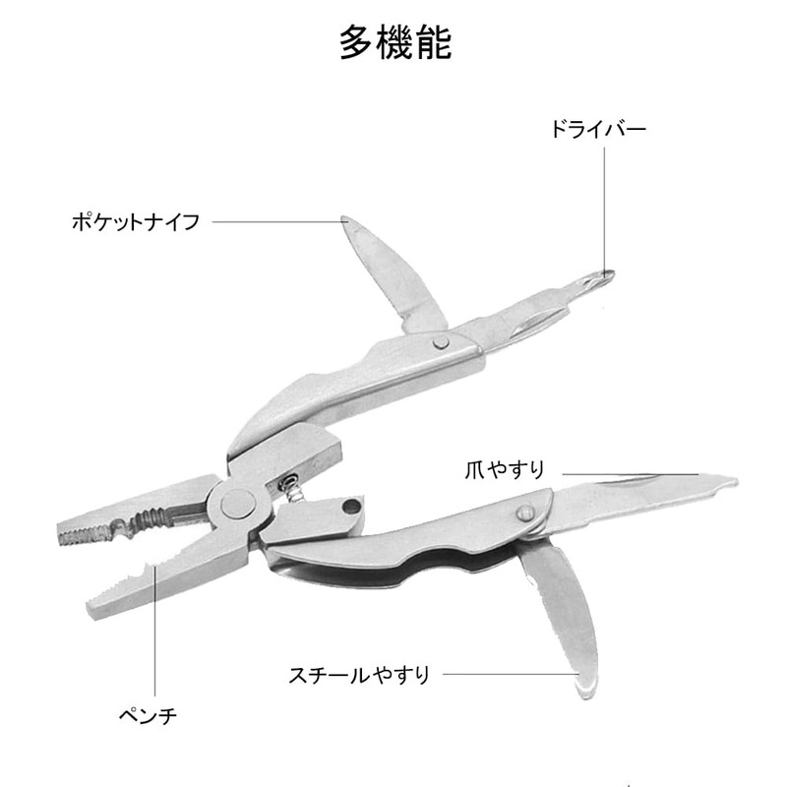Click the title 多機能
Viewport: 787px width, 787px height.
394,42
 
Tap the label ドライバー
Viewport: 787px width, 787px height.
597,129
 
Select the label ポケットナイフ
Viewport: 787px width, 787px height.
136,221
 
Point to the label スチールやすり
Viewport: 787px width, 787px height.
359,675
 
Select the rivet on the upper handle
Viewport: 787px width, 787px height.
442,341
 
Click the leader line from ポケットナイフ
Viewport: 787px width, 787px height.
275,221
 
